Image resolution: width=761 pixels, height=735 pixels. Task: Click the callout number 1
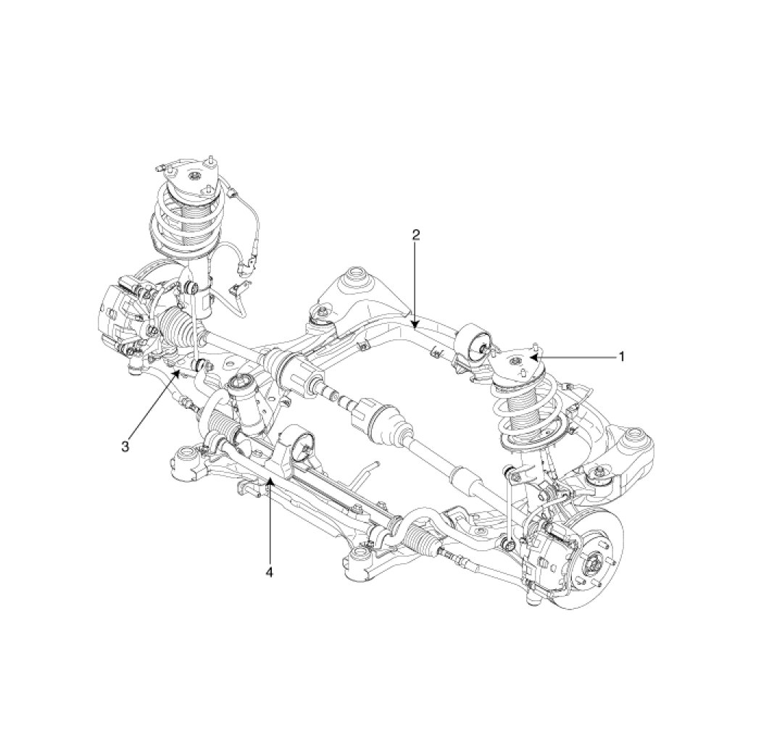coord(620,357)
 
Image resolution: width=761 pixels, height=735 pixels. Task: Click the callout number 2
coord(416,235)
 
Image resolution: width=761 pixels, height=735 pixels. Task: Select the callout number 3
coord(125,446)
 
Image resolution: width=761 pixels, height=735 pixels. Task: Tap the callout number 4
coord(270,572)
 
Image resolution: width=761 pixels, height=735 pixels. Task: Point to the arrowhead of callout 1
coord(533,358)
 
